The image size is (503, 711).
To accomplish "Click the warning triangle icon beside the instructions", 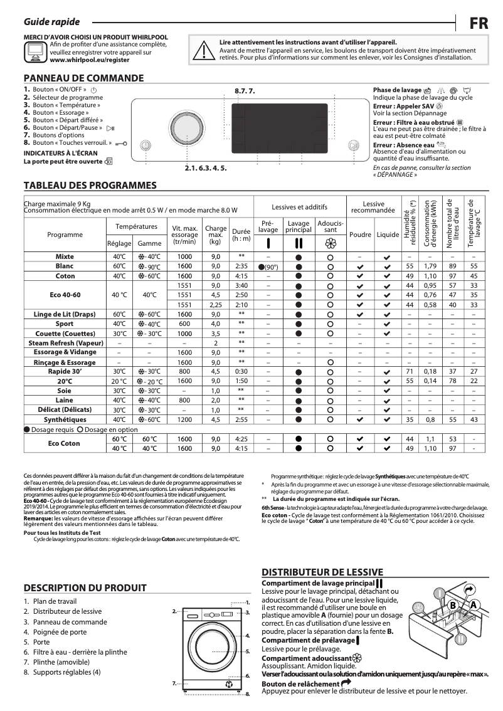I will [203, 50].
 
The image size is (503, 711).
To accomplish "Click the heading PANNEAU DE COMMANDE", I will [83, 78].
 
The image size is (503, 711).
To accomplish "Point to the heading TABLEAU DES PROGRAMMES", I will [90, 186].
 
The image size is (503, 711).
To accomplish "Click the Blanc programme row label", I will [65, 266].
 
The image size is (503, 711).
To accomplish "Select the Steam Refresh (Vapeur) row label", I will [65, 343].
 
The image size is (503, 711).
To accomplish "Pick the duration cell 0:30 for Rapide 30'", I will [241, 371].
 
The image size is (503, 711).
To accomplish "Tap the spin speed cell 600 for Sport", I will [184, 324].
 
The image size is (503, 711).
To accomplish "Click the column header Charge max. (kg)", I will [216, 234].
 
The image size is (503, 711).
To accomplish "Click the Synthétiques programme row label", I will [65, 419].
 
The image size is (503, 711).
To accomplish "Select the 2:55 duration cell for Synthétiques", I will [241, 419].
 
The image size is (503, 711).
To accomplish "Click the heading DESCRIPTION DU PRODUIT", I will [85, 587].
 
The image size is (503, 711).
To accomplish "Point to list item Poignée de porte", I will [60, 632].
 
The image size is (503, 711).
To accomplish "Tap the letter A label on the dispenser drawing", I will [474, 604].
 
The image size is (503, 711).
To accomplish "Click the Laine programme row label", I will [65, 400].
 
